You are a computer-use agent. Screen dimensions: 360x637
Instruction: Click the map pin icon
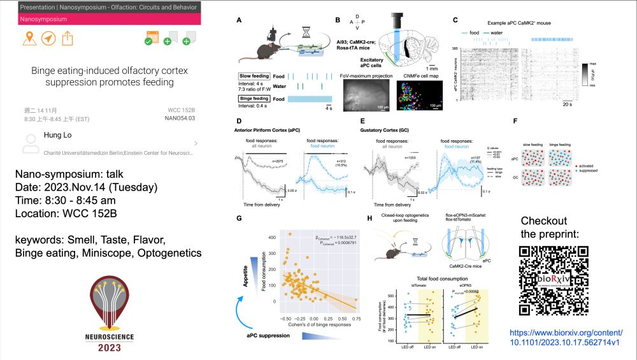[x=27, y=38]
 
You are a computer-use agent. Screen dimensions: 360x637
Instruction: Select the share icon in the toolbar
[x=68, y=38]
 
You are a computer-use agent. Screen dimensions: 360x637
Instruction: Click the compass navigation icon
[x=48, y=38]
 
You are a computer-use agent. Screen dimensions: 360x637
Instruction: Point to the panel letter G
[x=238, y=219]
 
